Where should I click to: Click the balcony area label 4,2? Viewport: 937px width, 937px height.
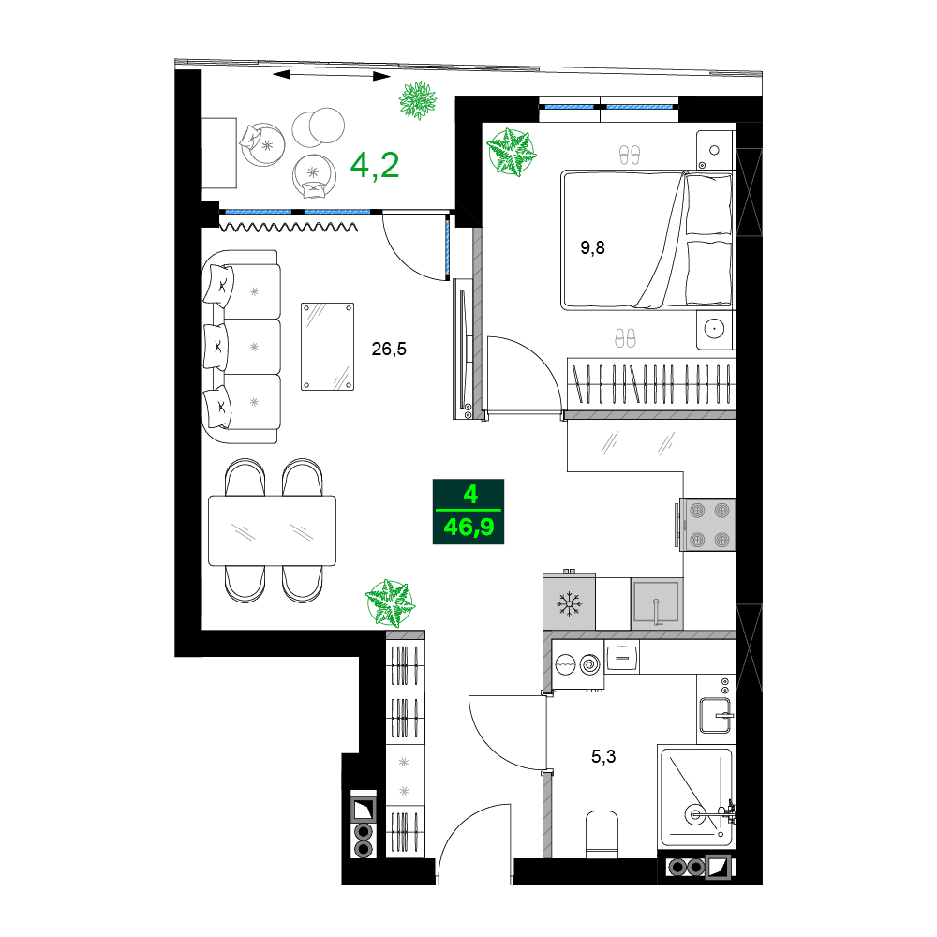pyautogui.click(x=375, y=166)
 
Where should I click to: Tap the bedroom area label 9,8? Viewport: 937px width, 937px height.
pyautogui.click(x=593, y=248)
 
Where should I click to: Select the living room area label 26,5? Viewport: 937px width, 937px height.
pyautogui.click(x=389, y=349)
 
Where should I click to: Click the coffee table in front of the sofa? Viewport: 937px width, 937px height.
pyautogui.click(x=327, y=347)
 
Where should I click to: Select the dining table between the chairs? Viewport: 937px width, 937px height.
pyautogui.click(x=272, y=530)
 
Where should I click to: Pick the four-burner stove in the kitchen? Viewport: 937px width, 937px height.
pyautogui.click(x=708, y=525)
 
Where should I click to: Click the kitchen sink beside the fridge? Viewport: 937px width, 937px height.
pyautogui.click(x=655, y=602)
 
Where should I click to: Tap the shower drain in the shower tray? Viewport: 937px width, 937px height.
pyautogui.click(x=694, y=813)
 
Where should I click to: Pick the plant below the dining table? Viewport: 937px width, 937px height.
pyautogui.click(x=389, y=602)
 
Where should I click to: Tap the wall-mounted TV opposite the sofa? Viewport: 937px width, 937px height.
pyautogui.click(x=463, y=349)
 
